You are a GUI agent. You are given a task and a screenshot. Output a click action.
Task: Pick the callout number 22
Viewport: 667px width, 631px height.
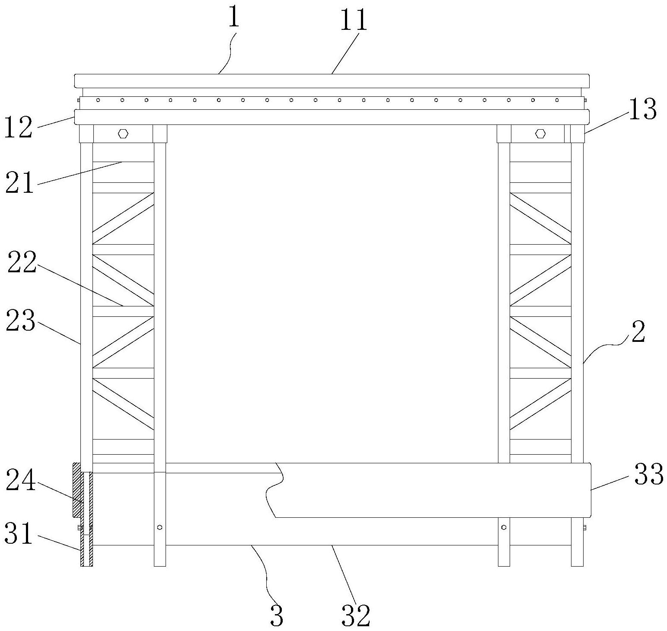(x=22, y=263)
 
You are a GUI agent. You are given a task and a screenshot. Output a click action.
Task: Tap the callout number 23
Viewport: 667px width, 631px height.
(x=20, y=322)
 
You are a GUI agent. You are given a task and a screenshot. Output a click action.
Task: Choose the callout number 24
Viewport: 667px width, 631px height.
(x=20, y=482)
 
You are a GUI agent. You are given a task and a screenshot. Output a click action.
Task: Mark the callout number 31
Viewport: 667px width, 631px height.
(x=19, y=534)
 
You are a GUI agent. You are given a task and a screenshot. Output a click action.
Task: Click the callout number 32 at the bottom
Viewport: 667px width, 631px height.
(x=356, y=616)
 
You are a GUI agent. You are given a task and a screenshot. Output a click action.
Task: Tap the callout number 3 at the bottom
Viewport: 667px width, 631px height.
(x=277, y=616)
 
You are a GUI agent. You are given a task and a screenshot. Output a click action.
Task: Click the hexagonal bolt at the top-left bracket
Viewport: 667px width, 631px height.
(x=123, y=134)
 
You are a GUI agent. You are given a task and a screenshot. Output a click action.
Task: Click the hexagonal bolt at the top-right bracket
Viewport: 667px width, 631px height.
(x=540, y=134)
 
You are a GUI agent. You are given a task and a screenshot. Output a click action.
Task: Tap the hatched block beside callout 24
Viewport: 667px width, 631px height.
(x=77, y=490)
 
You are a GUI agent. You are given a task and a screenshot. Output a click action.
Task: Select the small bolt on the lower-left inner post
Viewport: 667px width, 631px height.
(x=160, y=527)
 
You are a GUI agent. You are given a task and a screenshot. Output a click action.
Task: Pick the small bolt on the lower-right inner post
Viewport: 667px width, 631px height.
(x=504, y=527)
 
